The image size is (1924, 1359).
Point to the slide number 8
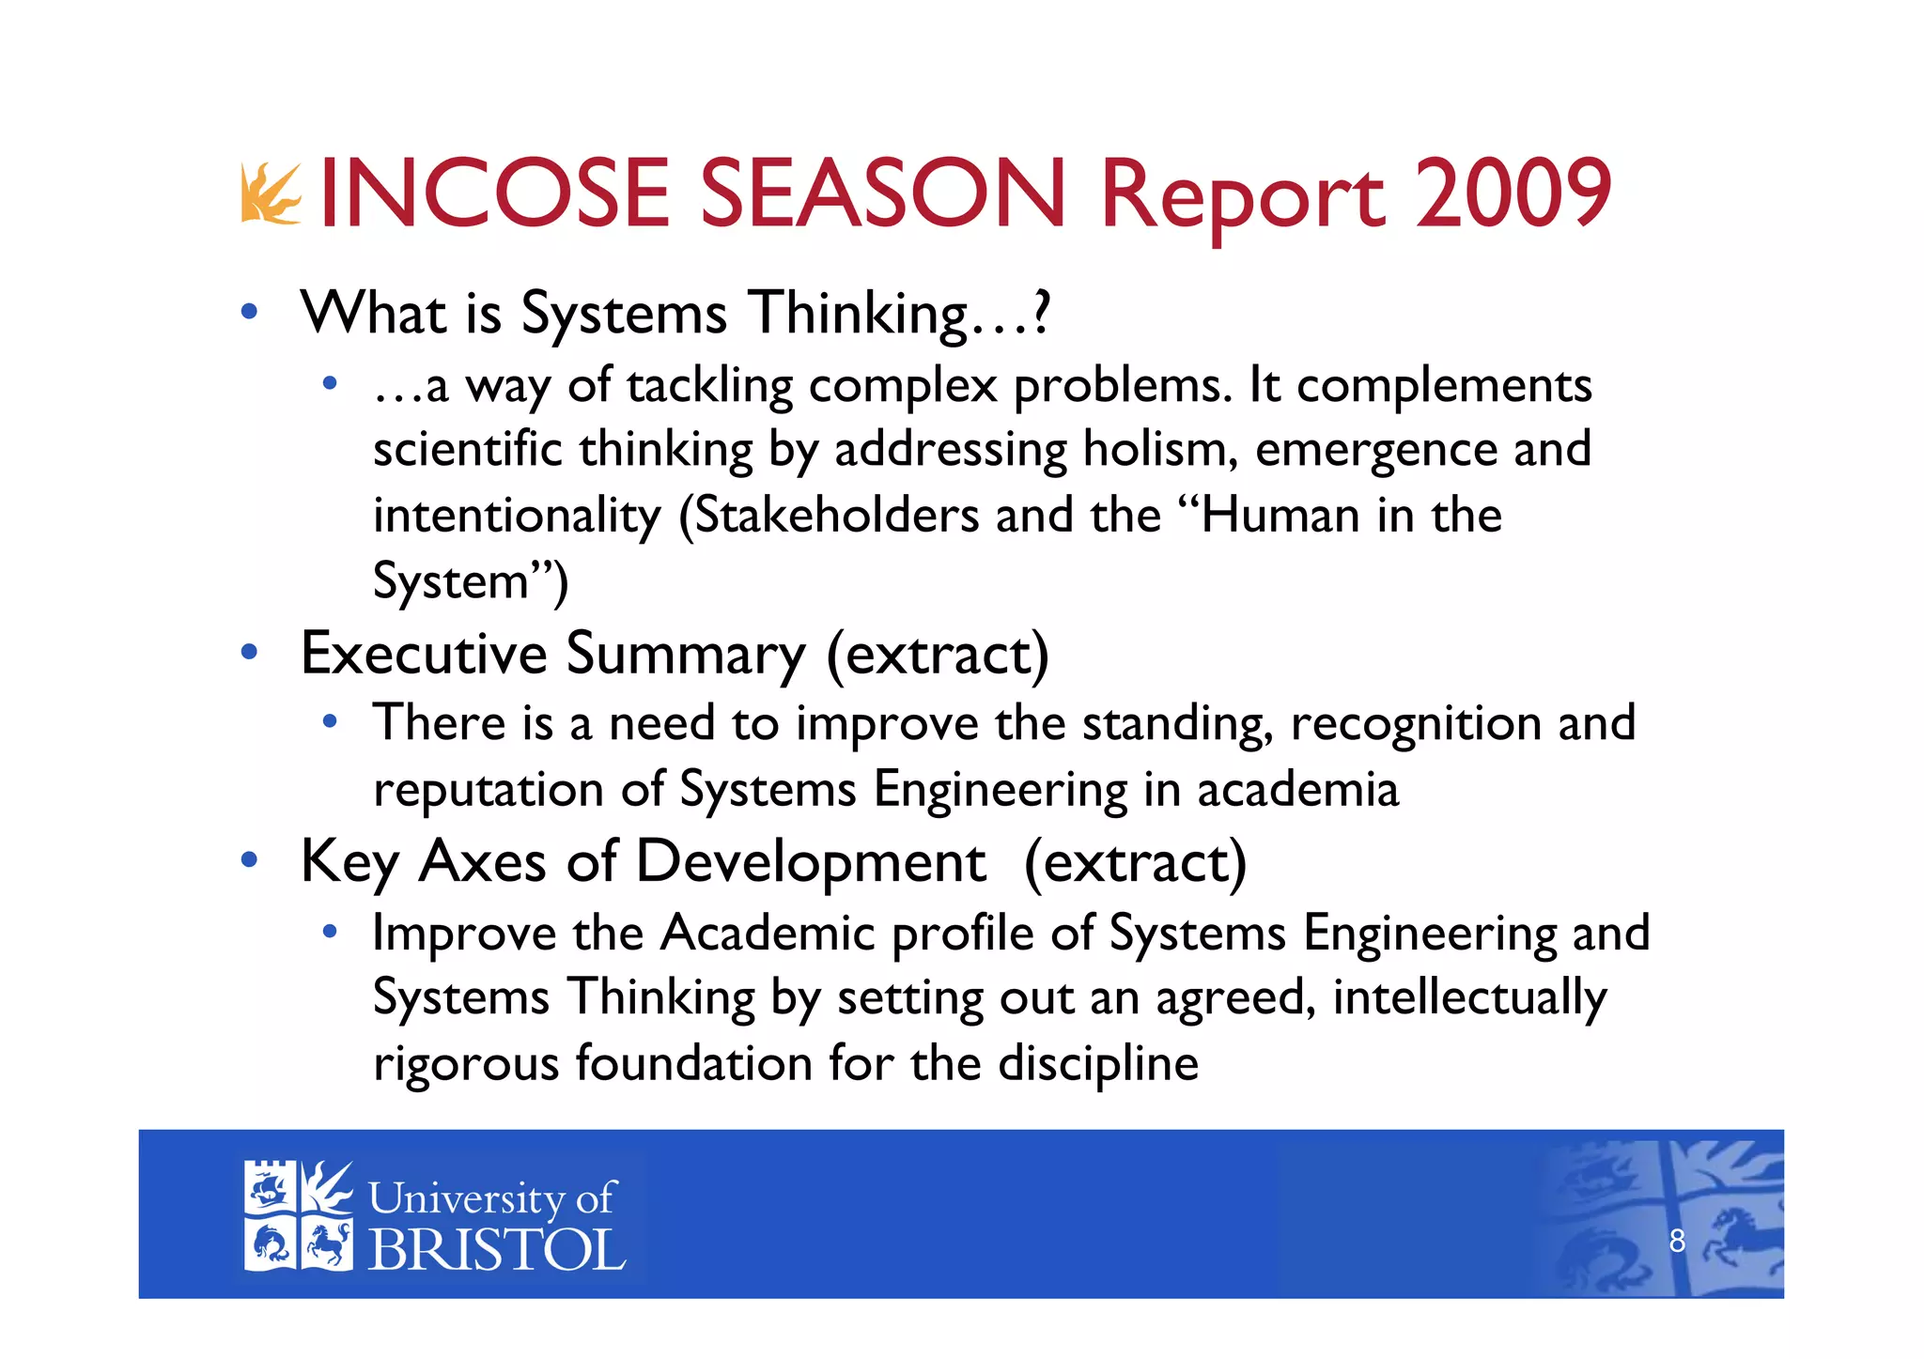(1677, 1242)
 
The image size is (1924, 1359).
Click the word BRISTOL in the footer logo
(497, 1250)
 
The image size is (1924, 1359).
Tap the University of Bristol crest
(298, 1215)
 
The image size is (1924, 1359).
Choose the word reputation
(489, 790)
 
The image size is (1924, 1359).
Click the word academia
(1297, 788)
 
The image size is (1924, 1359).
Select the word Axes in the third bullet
(482, 861)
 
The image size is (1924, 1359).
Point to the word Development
(811, 863)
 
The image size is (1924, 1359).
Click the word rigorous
(466, 1064)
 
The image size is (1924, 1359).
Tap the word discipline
(1097, 1063)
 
